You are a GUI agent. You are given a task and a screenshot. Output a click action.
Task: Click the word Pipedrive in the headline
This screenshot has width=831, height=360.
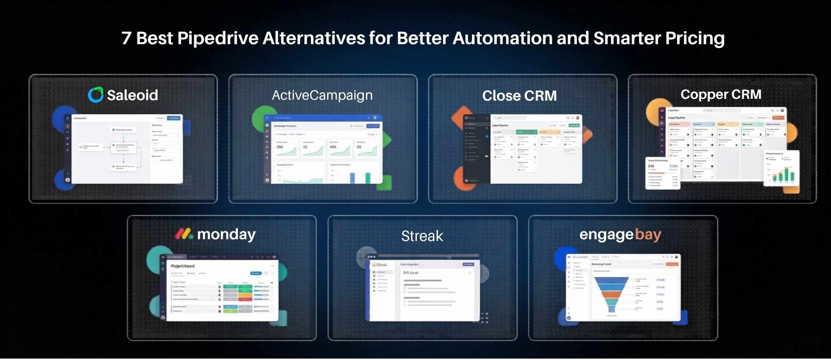[x=217, y=38]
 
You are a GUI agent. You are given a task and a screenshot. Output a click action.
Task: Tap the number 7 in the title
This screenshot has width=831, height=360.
[x=126, y=38]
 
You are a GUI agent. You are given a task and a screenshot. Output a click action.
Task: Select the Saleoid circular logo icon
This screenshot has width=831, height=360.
[x=95, y=95]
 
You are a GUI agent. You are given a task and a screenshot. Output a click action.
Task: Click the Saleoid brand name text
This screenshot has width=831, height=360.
[x=132, y=95]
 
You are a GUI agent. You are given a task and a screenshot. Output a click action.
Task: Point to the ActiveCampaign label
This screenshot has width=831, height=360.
[x=322, y=95]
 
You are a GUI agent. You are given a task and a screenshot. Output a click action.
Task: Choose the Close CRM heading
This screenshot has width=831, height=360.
[x=519, y=96]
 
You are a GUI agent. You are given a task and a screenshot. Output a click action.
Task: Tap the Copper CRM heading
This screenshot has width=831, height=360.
[x=720, y=94]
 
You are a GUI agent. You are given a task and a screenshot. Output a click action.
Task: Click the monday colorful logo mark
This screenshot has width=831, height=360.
[x=184, y=234]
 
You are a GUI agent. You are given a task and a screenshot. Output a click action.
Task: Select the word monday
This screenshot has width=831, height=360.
[x=226, y=234]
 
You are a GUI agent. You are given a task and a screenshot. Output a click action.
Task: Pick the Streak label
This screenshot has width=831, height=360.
[x=422, y=236]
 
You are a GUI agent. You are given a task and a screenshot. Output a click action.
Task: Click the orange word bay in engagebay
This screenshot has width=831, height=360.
[x=648, y=235]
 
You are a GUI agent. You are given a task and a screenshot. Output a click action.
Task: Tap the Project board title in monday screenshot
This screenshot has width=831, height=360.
[x=183, y=266]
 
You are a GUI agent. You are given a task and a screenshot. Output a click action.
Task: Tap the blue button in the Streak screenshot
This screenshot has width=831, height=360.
[x=468, y=265]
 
